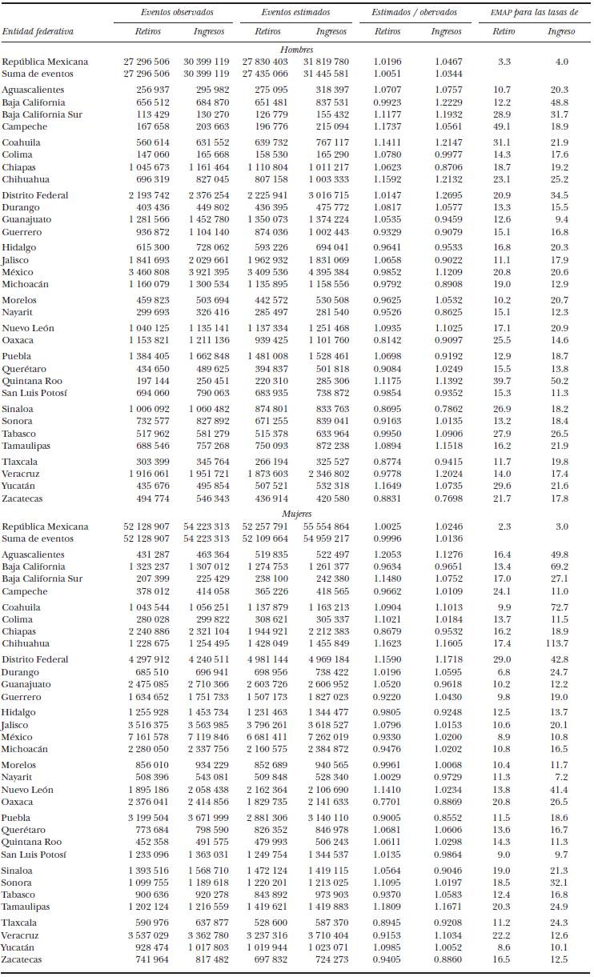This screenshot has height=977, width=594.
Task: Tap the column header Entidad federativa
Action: (38, 31)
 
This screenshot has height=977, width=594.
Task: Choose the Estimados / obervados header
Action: (415, 13)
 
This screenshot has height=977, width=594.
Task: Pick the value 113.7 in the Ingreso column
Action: (557, 643)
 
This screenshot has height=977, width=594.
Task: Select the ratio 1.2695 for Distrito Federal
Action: (447, 195)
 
